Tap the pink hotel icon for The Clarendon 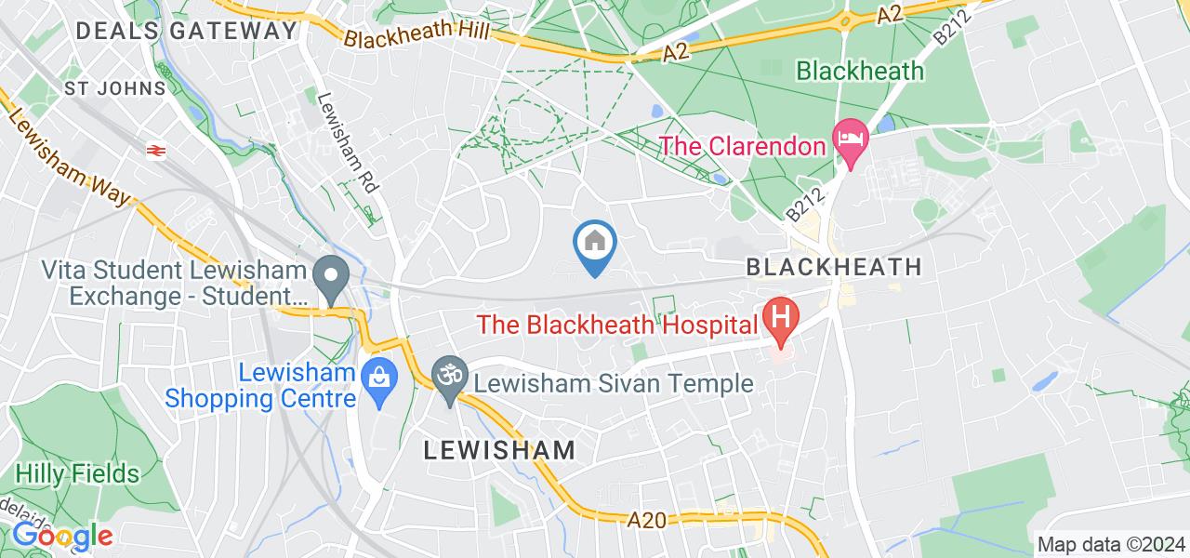tap(850, 137)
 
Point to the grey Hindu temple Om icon tap(451, 376)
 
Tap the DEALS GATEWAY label tap(186, 30)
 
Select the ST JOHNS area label tap(115, 88)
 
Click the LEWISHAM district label tap(499, 450)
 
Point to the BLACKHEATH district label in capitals tap(834, 267)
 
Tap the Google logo tap(62, 537)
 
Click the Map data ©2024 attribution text tap(1111, 544)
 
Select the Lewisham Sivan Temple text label tap(612, 382)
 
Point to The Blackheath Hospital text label tap(616, 325)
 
